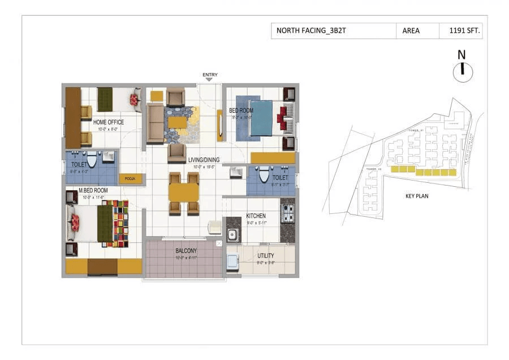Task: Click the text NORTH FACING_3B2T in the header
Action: (x=311, y=31)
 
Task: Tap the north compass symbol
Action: (x=462, y=70)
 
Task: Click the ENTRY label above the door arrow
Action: (x=210, y=75)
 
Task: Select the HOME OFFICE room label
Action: (x=109, y=122)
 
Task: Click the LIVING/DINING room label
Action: (x=204, y=160)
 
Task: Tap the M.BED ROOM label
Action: (x=87, y=190)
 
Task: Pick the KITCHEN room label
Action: (x=256, y=216)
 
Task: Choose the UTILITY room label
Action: (x=266, y=256)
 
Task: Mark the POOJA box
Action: (x=131, y=179)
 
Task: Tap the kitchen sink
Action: (x=232, y=234)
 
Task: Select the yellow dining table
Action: (x=184, y=192)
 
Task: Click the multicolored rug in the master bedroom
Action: (x=119, y=223)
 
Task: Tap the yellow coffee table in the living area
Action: (x=177, y=122)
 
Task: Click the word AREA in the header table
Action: (x=411, y=31)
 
